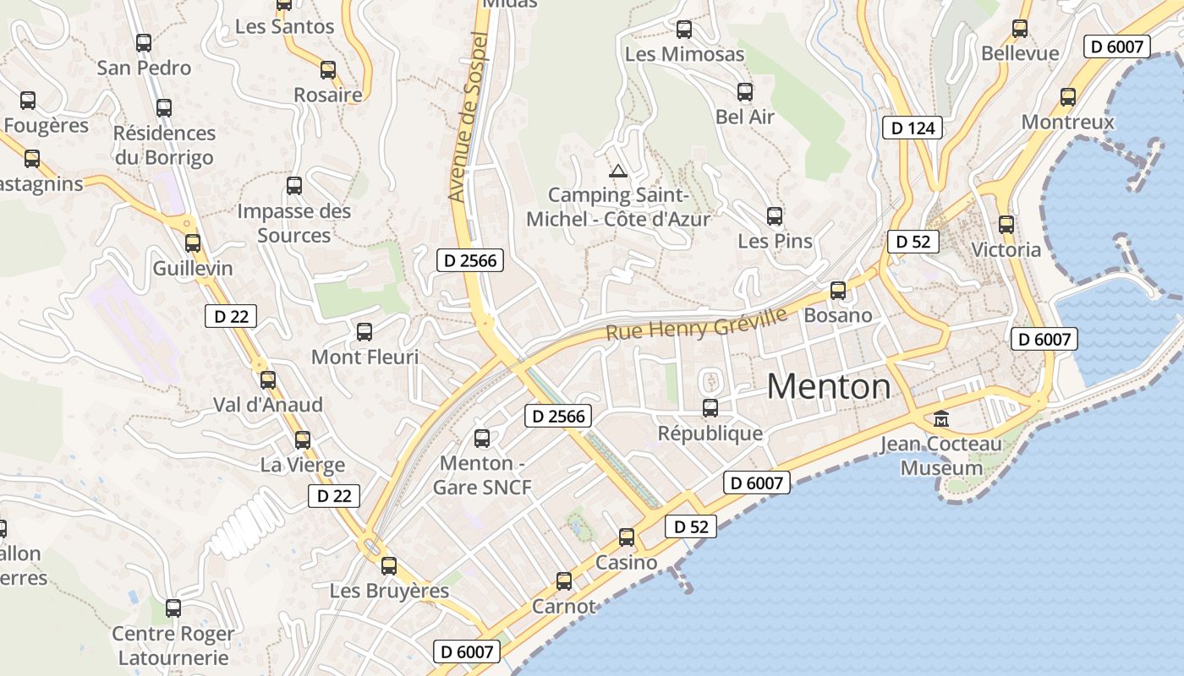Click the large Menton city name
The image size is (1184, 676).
pyautogui.click(x=828, y=387)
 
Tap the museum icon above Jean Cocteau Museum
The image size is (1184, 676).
pyautogui.click(x=940, y=417)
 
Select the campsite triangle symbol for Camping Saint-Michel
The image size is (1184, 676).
pyautogui.click(x=618, y=172)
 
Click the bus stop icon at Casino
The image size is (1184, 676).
pyautogui.click(x=627, y=537)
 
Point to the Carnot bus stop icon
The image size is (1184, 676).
pyautogui.click(x=564, y=581)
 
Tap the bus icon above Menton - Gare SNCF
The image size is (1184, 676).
pyautogui.click(x=482, y=439)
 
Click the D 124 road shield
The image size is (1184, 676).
pyautogui.click(x=913, y=128)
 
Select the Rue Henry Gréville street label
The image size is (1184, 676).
pyautogui.click(x=696, y=324)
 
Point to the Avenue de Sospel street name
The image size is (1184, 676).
pyautogui.click(x=469, y=117)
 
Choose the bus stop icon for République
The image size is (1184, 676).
pyautogui.click(x=710, y=408)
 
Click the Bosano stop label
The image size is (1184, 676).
pyautogui.click(x=838, y=315)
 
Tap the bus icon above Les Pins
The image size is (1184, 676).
pyautogui.click(x=775, y=216)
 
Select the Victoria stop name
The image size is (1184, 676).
pyautogui.click(x=1006, y=250)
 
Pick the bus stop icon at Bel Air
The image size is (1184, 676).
pyautogui.click(x=745, y=92)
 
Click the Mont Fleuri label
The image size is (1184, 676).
pyautogui.click(x=365, y=357)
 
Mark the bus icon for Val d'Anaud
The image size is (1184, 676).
pyautogui.click(x=268, y=380)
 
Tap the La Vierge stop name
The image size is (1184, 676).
pyautogui.click(x=302, y=465)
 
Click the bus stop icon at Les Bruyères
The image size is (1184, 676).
pyautogui.click(x=389, y=566)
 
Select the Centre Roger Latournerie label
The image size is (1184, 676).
pyautogui.click(x=173, y=646)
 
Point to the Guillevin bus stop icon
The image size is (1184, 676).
pyautogui.click(x=193, y=243)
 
